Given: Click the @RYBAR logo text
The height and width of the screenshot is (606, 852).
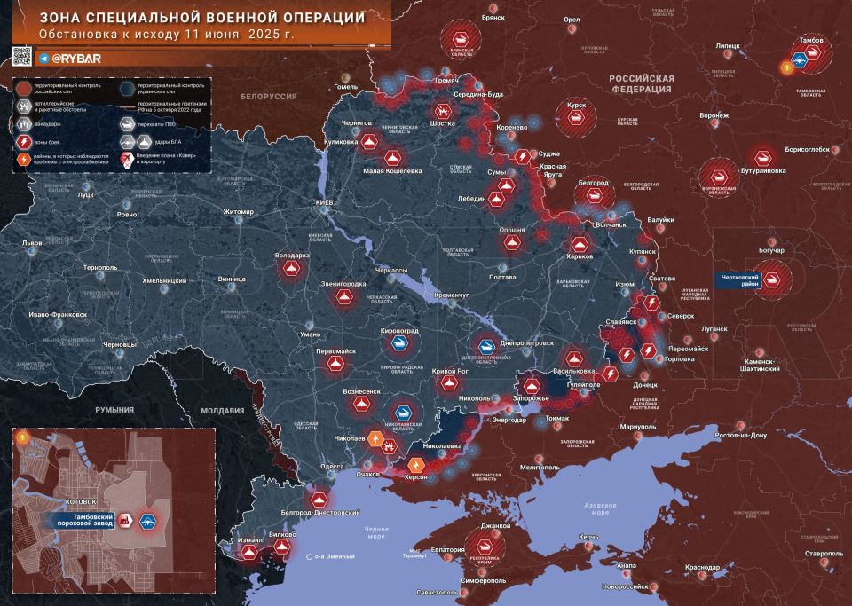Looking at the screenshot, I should coord(81,58).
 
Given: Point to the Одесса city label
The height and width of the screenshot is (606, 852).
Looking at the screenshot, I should coord(332,466).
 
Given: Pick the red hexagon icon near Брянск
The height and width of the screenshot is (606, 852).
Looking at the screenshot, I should coord(460,40).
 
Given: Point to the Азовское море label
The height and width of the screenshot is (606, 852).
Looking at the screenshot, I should coord(606,508).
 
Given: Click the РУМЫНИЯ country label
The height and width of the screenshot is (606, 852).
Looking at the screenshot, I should coord(116,410).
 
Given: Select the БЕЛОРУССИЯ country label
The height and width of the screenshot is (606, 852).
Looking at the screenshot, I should coord(269,95).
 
